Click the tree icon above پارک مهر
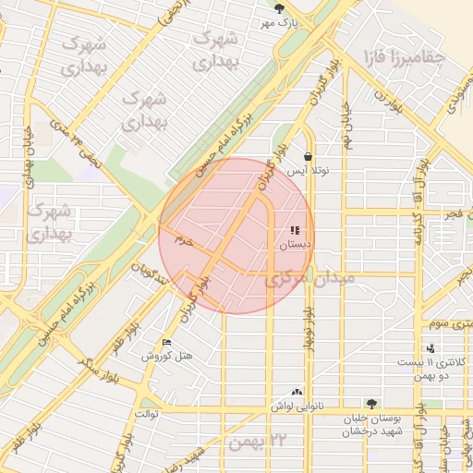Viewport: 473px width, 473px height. pos(293,7)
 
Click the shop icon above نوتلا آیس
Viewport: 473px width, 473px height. pos(307,156)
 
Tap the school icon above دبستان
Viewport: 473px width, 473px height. pos(295,231)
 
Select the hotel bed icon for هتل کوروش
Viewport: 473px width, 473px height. pos(166,342)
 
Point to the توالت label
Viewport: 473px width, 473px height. pos(148,413)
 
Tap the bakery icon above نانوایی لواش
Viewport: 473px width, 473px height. pos(297,392)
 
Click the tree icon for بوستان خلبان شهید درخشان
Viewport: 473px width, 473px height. pos(371,404)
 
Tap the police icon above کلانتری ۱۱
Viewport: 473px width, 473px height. pos(431,348)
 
